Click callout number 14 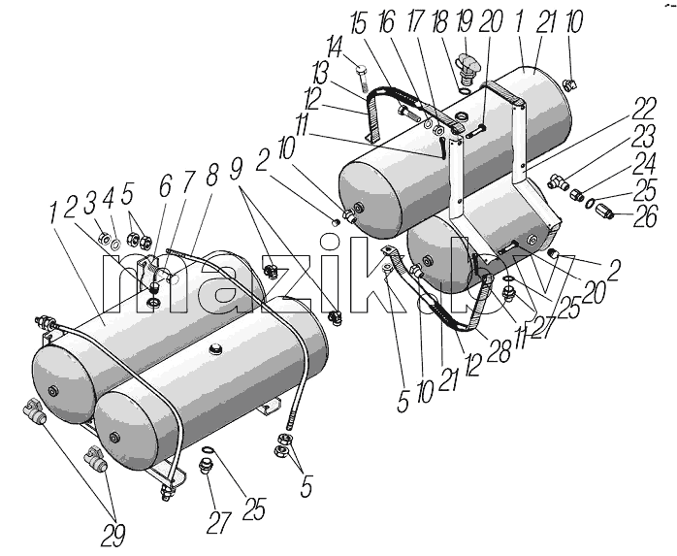(336, 48)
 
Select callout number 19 (465, 20)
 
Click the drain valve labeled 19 (468, 68)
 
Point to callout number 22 (644, 110)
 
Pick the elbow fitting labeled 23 (559, 181)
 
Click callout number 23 (644, 136)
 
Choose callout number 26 (645, 215)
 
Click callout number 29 (113, 537)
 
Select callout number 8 (211, 173)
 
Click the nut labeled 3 (105, 238)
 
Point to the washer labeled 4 (115, 245)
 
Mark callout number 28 (500, 350)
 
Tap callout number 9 (236, 169)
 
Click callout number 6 (165, 185)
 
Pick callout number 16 (386, 21)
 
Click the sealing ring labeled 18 (464, 91)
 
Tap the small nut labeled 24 (576, 195)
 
